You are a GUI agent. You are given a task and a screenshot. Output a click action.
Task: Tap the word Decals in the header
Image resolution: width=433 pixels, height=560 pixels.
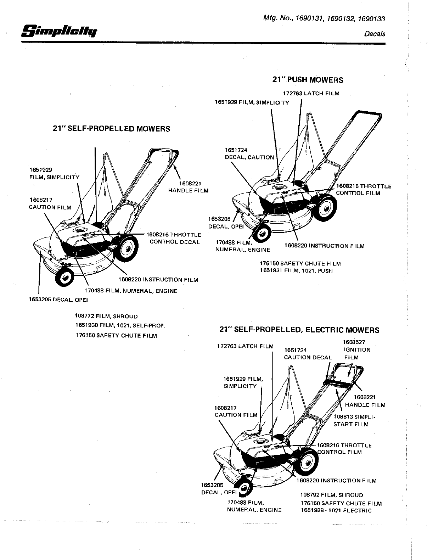click(375, 34)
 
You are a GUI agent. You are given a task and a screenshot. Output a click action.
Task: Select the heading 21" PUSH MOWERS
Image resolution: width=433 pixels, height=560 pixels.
click(308, 80)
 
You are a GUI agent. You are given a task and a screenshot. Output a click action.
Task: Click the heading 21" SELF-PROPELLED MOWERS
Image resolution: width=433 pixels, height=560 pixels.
click(111, 129)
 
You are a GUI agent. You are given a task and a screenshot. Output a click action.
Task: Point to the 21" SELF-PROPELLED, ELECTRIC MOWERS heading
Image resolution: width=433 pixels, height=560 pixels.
click(299, 330)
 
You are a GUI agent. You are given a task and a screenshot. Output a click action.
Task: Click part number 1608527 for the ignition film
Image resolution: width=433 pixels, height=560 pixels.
click(354, 342)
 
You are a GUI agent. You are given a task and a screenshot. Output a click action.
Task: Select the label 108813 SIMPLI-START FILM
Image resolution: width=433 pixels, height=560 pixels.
click(353, 420)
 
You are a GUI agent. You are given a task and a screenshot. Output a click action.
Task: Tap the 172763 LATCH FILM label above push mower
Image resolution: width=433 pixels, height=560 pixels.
click(311, 94)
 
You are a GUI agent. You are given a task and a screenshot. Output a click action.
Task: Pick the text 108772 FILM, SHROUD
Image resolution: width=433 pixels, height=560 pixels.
click(106, 316)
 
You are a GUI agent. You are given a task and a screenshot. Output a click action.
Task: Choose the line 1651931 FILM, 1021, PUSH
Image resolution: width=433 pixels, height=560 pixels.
click(296, 271)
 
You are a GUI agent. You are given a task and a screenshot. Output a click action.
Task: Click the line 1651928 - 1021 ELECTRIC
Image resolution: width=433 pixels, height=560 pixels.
click(336, 510)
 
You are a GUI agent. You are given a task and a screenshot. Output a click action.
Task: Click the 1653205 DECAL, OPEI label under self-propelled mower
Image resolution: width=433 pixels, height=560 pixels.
click(58, 300)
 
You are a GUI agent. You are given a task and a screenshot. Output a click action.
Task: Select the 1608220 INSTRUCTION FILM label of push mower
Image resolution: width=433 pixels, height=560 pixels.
click(324, 246)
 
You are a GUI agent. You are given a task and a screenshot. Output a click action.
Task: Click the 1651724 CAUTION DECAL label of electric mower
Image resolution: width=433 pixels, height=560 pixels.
click(308, 354)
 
